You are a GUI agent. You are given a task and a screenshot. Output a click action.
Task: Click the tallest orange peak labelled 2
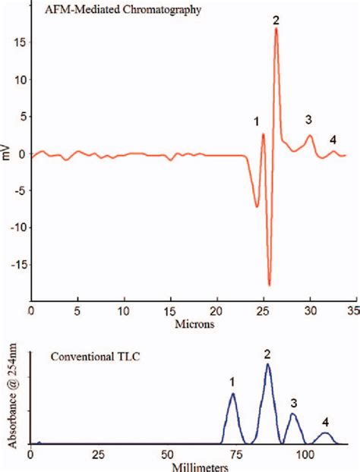click(x=276, y=29)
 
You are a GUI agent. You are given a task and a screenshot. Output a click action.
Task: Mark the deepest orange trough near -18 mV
click(x=269, y=285)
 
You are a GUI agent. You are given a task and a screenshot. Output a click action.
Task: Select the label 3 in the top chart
click(x=308, y=119)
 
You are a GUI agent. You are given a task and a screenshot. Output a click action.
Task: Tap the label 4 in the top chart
click(x=333, y=139)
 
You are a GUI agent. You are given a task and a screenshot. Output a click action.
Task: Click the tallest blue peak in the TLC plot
click(x=267, y=364)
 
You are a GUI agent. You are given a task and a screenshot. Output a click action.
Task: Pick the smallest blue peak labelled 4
click(x=325, y=433)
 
